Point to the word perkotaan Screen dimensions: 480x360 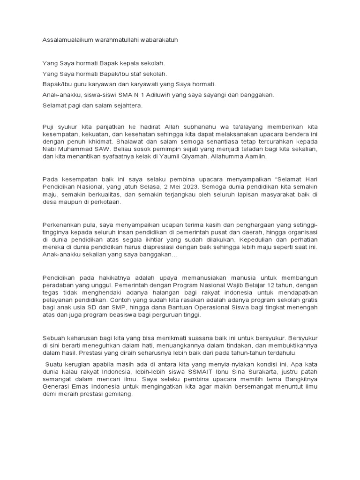click(106, 202)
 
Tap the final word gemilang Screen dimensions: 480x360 click(119, 395)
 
